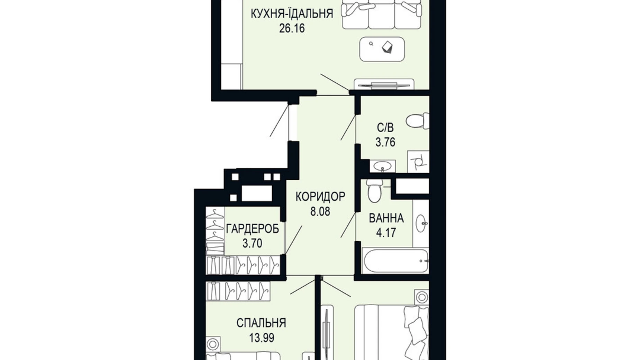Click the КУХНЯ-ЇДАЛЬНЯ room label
291,14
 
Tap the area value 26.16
292,28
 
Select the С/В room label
385,128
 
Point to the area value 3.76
385,142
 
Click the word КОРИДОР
320,197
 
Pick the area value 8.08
320,211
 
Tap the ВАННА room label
386,218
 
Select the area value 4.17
386,233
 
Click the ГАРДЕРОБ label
252,229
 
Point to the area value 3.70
252,243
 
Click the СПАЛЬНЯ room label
261,323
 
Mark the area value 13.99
261,337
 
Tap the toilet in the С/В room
417,121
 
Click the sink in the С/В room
383,165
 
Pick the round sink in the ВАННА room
421,224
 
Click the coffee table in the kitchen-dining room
382,49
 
